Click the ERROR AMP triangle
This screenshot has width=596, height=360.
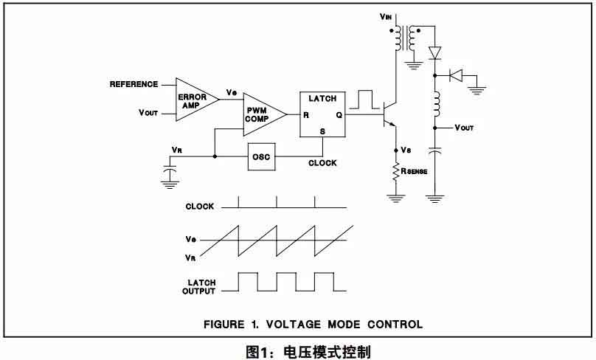[193, 97]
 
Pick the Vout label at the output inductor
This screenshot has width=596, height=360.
[464, 128]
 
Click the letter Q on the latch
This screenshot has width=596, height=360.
[339, 115]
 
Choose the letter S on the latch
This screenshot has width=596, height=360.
[322, 131]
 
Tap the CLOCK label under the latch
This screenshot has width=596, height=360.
[323, 163]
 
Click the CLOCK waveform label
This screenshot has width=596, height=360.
[199, 207]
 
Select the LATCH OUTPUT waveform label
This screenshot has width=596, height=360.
[199, 286]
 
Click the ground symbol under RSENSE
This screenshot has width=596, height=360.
[397, 197]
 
